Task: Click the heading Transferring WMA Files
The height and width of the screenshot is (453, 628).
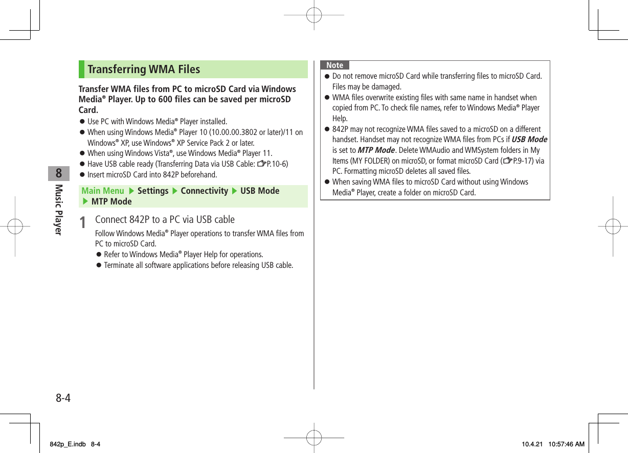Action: [x=144, y=70]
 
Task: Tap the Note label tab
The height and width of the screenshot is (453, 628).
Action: [x=334, y=65]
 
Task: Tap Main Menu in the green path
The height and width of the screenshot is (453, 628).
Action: [x=103, y=191]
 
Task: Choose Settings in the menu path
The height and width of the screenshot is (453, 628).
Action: [x=152, y=191]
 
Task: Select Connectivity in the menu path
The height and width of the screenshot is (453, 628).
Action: [x=204, y=191]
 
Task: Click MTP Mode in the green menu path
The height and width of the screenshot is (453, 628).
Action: [x=111, y=201]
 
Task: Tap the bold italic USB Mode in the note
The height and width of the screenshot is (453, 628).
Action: [x=529, y=140]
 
